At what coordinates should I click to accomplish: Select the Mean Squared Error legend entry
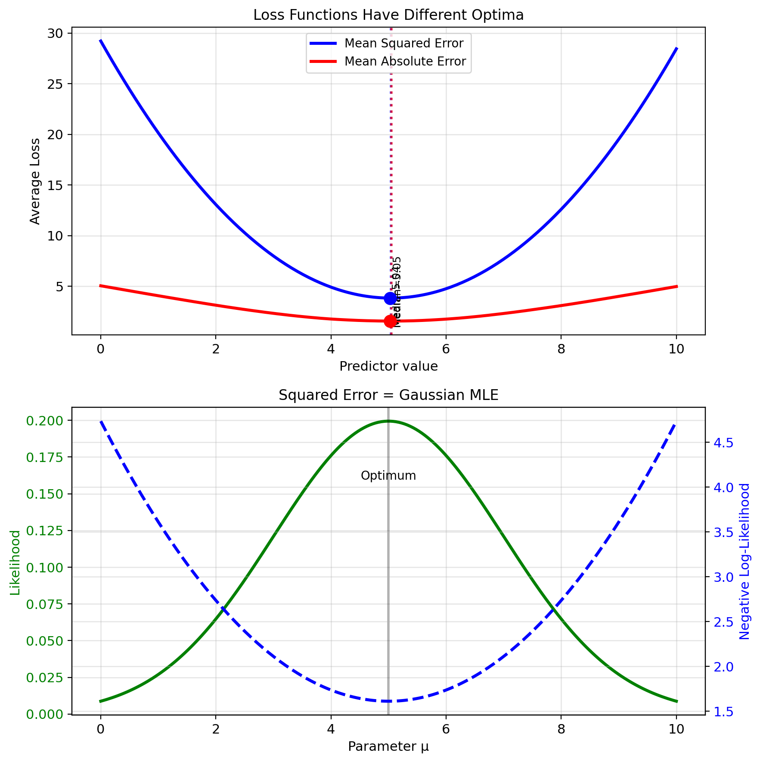[x=403, y=44]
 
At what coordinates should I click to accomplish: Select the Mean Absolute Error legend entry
[x=405, y=62]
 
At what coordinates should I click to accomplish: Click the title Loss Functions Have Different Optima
[x=388, y=15]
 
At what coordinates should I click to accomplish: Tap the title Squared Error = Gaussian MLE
[x=388, y=395]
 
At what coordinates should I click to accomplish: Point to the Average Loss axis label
[x=35, y=181]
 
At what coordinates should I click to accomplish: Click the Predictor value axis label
[x=388, y=366]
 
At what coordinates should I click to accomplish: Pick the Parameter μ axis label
[x=388, y=746]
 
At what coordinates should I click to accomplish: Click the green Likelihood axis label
[x=15, y=562]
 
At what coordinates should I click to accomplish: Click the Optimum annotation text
[x=388, y=476]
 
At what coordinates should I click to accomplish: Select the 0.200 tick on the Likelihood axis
[x=44, y=420]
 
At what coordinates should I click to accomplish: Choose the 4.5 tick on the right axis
[x=723, y=443]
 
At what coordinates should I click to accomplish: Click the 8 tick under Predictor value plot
[x=561, y=349]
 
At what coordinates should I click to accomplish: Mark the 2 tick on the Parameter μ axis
[x=216, y=729]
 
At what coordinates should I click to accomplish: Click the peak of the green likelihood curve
[x=388, y=421]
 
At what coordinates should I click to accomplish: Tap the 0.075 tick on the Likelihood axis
[x=44, y=604]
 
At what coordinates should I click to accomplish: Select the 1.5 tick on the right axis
[x=723, y=712]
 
